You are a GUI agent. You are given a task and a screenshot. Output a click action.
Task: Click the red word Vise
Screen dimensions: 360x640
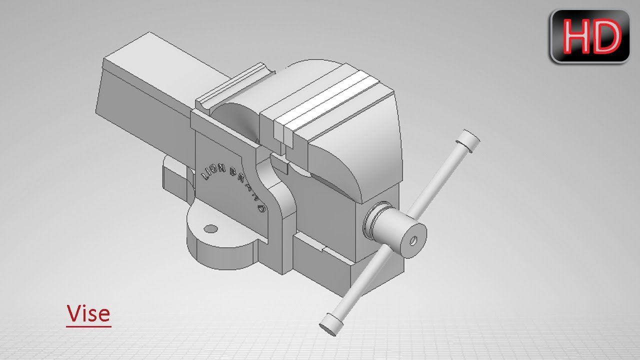(88, 313)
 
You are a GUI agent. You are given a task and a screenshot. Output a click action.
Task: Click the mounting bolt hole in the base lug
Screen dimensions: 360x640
(211, 229)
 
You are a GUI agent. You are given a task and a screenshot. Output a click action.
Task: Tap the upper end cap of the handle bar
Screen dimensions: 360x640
(468, 139)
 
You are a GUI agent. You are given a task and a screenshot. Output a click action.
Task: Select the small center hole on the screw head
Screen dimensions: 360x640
(413, 240)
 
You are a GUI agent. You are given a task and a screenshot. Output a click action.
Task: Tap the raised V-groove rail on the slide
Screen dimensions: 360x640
(232, 85)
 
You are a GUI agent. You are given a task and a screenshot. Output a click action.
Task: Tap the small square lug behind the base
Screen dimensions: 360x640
(175, 177)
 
